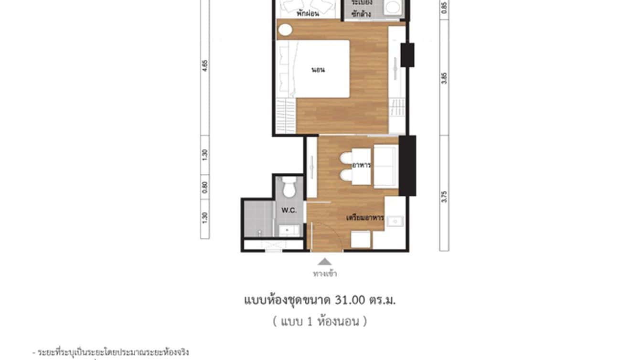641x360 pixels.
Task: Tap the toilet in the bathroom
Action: point(289,188)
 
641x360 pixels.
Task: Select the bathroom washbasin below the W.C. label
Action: point(287,230)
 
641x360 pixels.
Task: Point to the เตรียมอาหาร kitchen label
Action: point(365,218)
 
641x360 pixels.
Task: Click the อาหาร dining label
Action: point(362,165)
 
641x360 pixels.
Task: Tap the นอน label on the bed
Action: point(318,70)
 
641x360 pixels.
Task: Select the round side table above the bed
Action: point(284,30)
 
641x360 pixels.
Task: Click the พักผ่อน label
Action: point(308,14)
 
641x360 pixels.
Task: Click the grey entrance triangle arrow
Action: point(325,261)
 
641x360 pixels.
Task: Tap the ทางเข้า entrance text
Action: point(325,274)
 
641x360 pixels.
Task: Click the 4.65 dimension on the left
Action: point(205,65)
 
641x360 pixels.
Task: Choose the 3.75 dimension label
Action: point(445,196)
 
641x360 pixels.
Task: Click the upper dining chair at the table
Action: point(346,157)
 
